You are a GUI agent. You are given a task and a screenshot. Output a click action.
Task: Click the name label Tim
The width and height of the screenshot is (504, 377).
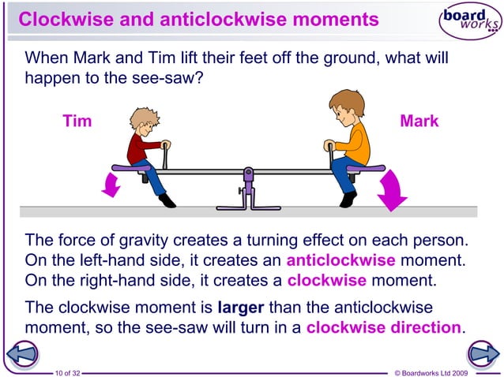pyautogui.click(x=77, y=121)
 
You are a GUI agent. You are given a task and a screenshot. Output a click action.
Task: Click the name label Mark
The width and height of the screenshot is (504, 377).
pyautogui.click(x=419, y=121)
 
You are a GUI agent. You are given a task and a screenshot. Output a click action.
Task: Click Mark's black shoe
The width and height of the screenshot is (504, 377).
pyautogui.click(x=348, y=200)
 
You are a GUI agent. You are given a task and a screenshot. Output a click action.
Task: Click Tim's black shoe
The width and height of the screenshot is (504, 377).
pyautogui.click(x=166, y=200)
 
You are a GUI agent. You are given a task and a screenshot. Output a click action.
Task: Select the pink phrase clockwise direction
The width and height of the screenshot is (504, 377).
pyautogui.click(x=383, y=327)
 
